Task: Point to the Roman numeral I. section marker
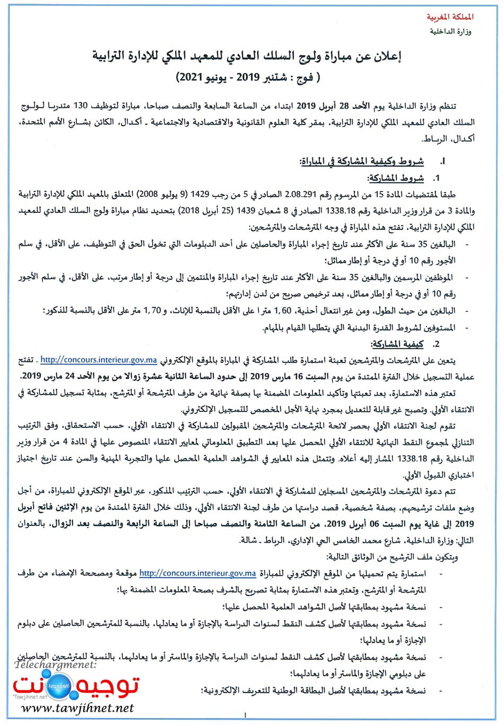pos(442,162)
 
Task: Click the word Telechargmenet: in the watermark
pos(55,664)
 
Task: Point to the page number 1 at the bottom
pos(245,715)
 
